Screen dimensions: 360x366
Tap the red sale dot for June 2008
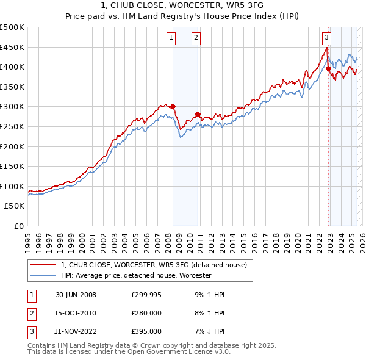pyautogui.click(x=173, y=106)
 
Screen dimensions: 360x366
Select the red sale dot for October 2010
pyautogui.click(x=198, y=114)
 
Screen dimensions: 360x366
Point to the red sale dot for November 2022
pyautogui.click(x=328, y=69)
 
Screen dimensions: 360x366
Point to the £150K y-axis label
pyautogui.click(x=12, y=166)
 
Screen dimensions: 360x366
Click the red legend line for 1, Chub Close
pyautogui.click(x=43, y=265)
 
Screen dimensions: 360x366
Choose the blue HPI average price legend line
pyautogui.click(x=43, y=276)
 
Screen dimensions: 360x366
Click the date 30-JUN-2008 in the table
pyautogui.click(x=76, y=295)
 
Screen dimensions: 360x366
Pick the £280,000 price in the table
pyautogui.click(x=146, y=313)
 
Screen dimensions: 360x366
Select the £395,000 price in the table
pyautogui.click(x=146, y=331)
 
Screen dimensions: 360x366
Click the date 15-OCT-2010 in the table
pyautogui.click(x=76, y=313)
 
